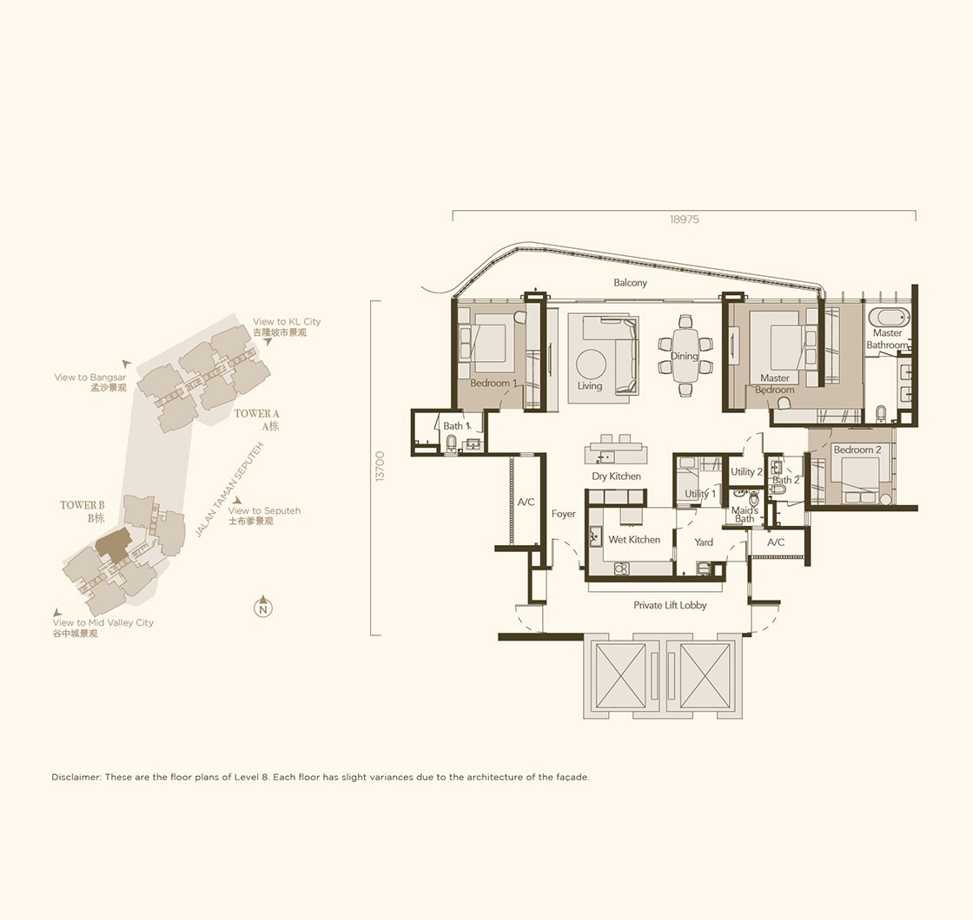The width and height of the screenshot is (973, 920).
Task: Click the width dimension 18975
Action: coord(684,220)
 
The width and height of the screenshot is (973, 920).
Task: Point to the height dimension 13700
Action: coord(380,466)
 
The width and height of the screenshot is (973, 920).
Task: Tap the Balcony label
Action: coord(630,283)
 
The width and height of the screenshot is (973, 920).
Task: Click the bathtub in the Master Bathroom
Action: coord(890,318)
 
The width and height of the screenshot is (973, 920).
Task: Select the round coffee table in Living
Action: coord(591,364)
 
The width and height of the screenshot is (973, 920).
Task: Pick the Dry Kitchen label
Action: coord(616,476)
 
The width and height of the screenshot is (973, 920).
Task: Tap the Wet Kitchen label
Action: coord(634,539)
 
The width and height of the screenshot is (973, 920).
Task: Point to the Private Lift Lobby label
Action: coord(670,605)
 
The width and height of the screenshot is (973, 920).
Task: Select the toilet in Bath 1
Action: coord(451,444)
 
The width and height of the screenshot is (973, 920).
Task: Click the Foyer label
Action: coord(564,513)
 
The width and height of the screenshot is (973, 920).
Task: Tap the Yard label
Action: coord(703,542)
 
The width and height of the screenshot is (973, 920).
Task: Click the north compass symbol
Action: coord(263,607)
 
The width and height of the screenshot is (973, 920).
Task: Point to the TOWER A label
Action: coord(256,413)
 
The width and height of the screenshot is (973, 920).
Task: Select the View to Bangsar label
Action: coord(90,377)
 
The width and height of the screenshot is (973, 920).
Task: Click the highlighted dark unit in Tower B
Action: coord(113,543)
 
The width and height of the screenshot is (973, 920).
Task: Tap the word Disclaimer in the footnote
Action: coord(76,777)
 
